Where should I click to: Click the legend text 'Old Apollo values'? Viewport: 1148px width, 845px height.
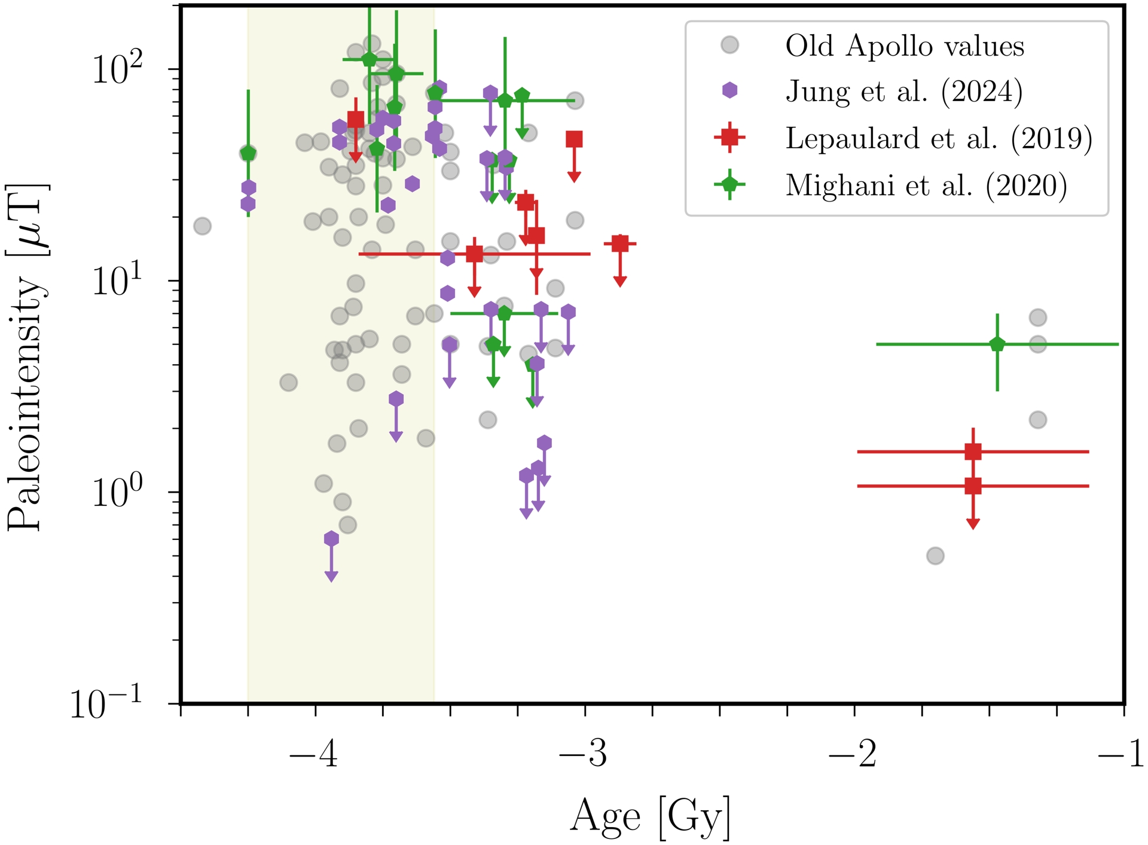904,46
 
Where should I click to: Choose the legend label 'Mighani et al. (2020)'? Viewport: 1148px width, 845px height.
926,185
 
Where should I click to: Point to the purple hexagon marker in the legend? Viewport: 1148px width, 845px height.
729,91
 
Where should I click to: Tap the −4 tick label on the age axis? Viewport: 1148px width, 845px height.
313,754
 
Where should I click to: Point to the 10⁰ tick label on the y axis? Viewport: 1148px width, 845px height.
117,492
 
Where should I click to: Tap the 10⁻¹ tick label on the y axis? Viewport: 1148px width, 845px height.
106,703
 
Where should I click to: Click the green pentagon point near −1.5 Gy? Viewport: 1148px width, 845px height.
997,344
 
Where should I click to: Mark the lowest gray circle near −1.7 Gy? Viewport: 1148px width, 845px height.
935,556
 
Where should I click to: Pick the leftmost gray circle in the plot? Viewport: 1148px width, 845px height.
202,226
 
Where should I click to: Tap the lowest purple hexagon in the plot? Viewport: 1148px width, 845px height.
331,539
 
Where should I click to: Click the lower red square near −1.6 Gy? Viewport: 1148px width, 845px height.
973,486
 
